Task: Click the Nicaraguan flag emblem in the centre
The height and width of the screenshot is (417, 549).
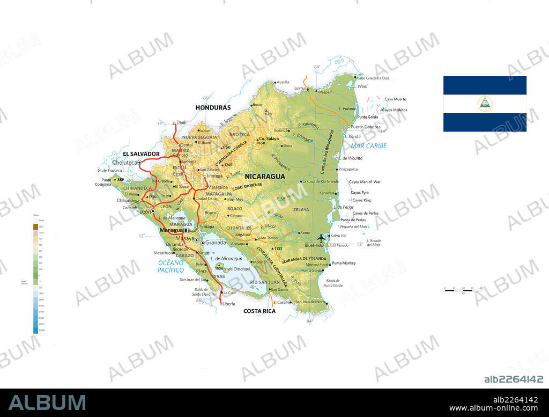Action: pyautogui.click(x=485, y=104)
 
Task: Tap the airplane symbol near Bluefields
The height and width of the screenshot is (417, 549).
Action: pyautogui.click(x=321, y=238)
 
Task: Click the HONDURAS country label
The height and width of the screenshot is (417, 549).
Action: pyautogui.click(x=213, y=107)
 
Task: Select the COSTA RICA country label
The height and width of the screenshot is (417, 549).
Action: pyautogui.click(x=259, y=311)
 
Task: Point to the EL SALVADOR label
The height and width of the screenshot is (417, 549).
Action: pyautogui.click(x=142, y=153)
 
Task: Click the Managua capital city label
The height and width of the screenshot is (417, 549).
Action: pyautogui.click(x=171, y=230)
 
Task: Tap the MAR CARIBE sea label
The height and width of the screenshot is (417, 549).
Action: pyautogui.click(x=368, y=145)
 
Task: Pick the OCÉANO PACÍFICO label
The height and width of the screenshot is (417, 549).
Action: pyautogui.click(x=171, y=266)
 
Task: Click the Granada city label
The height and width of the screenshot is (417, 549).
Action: pyautogui.click(x=216, y=243)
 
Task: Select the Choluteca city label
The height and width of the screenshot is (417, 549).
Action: pyautogui.click(x=125, y=162)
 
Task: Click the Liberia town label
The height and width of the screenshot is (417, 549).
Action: pyautogui.click(x=229, y=304)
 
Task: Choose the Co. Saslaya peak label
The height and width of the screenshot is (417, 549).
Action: pyautogui.click(x=269, y=138)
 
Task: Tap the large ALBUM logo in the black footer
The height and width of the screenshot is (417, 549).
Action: pyautogui.click(x=47, y=403)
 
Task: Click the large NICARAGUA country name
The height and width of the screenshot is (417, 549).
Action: pyautogui.click(x=265, y=176)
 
